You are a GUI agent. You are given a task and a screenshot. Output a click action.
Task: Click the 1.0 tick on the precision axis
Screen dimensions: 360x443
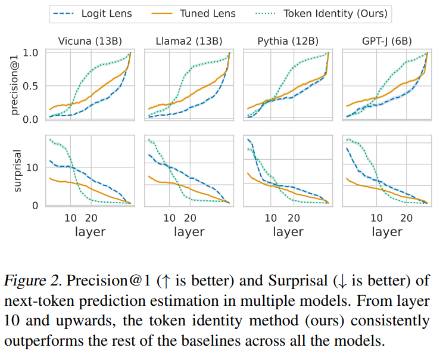[x=34, y=52]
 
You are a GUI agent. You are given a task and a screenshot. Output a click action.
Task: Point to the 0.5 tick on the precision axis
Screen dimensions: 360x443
[x=34, y=86]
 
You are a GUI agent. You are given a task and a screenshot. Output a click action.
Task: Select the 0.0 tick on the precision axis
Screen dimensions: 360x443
[x=34, y=119]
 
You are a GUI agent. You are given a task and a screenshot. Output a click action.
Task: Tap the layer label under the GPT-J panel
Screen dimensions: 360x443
[x=387, y=231]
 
